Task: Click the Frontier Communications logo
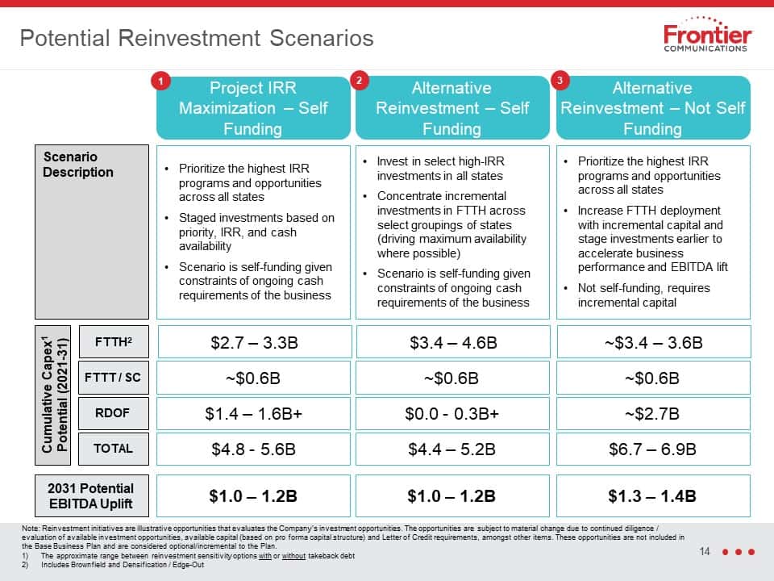(706, 35)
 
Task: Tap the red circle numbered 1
(161, 81)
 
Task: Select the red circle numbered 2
(360, 80)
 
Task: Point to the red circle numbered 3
(560, 80)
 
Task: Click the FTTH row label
(114, 341)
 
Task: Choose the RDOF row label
(113, 413)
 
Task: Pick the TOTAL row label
(113, 449)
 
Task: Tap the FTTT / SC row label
(113, 378)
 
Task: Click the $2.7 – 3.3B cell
(254, 342)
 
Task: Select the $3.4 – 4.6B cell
(453, 342)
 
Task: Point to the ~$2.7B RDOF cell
(652, 413)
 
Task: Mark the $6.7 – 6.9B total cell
(652, 449)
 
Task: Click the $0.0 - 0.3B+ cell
(452, 413)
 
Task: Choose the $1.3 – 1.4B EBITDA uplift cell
(652, 495)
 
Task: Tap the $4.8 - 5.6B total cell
(253, 449)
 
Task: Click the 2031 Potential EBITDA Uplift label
(91, 495)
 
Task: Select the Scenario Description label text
(78, 165)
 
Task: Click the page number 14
(705, 551)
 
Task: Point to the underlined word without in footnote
(293, 556)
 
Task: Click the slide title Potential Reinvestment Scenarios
(197, 38)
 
